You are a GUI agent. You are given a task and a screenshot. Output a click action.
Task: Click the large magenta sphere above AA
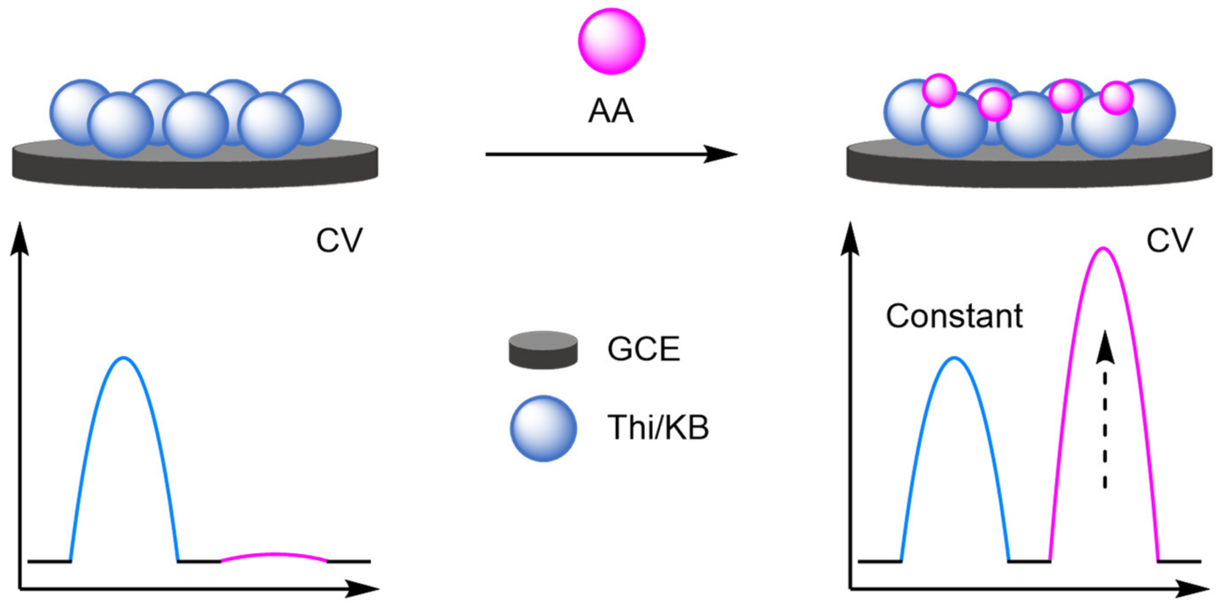coord(611,41)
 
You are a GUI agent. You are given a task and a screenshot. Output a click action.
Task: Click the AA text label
coord(611,111)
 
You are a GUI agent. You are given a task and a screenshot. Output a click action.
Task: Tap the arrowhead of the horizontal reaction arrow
coord(721,154)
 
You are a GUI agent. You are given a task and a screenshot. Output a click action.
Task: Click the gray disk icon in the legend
coord(543,351)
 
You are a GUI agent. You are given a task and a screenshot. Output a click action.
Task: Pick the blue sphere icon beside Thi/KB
coord(543,428)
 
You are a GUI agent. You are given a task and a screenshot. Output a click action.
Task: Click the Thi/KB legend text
coord(658,427)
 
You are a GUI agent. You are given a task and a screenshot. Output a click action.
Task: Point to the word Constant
coord(954,316)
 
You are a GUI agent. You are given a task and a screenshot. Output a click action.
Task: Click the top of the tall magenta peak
coord(1103,249)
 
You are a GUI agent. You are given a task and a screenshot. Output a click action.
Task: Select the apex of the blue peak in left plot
coord(124,358)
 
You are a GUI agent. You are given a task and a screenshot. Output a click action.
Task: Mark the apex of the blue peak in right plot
coord(954,358)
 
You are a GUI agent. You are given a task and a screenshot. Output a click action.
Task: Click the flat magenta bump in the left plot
coord(274,554)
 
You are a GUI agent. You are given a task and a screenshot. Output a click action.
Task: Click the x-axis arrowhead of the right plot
coord(1197,589)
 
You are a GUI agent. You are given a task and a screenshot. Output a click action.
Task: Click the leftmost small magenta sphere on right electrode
coord(939,90)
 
